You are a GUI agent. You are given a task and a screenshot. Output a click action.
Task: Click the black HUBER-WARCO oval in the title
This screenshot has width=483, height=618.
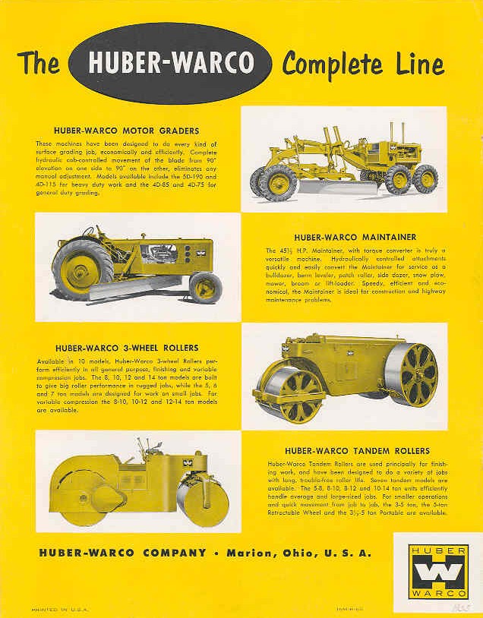(169, 63)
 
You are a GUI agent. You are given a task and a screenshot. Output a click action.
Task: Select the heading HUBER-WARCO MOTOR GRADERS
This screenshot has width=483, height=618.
(127, 131)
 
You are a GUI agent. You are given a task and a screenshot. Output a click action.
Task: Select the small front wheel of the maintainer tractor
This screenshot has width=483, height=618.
(205, 287)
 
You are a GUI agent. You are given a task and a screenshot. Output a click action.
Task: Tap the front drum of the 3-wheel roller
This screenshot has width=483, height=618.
(288, 394)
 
